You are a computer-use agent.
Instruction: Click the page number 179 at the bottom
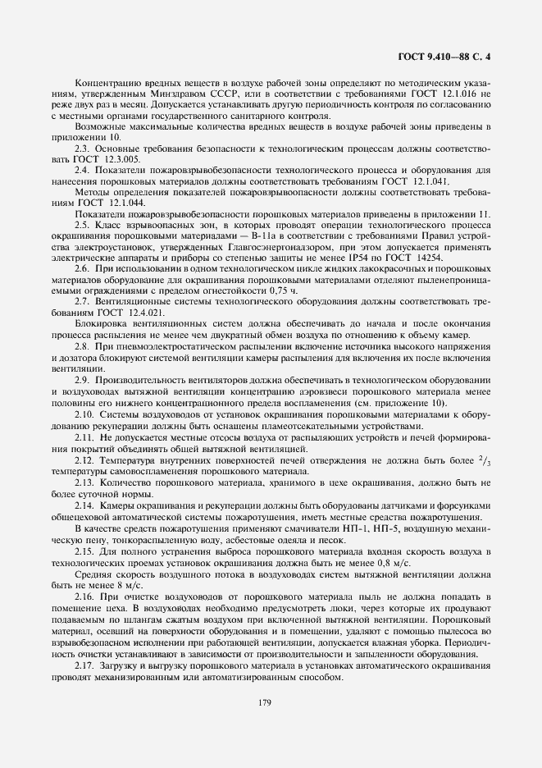click(x=264, y=702)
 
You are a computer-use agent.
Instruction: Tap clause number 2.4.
click(x=82, y=170)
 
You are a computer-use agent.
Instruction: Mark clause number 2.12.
click(x=84, y=461)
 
